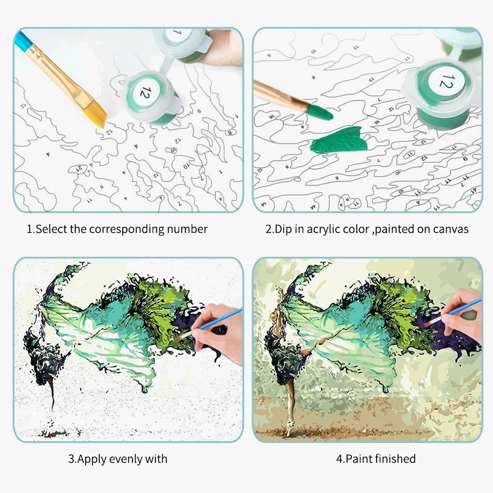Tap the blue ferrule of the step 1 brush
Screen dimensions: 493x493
pyautogui.click(x=23, y=42)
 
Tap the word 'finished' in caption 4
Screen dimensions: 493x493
pyautogui.click(x=394, y=458)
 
